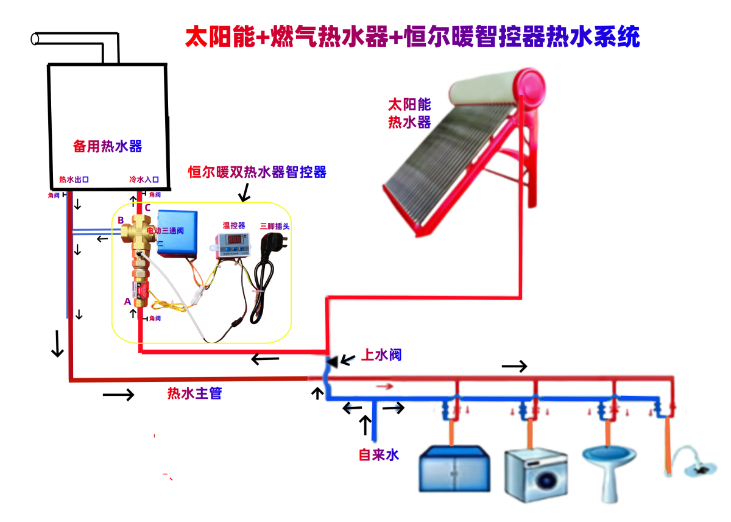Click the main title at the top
click(x=412, y=37)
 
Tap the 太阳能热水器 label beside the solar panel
click(x=409, y=113)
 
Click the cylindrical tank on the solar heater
click(x=496, y=86)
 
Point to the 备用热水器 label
click(x=107, y=146)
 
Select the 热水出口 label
click(x=74, y=180)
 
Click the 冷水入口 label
click(x=144, y=180)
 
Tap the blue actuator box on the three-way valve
click(x=177, y=231)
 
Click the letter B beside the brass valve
click(x=121, y=220)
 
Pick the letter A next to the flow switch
click(x=127, y=302)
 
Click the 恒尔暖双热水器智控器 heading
click(x=257, y=172)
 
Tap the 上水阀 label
click(x=382, y=354)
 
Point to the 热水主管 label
click(x=194, y=393)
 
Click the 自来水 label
click(x=378, y=454)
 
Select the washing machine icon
click(x=535, y=475)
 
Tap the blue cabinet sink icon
click(x=454, y=469)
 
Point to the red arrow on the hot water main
click(x=384, y=386)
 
